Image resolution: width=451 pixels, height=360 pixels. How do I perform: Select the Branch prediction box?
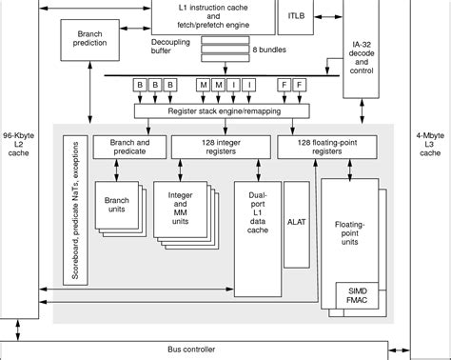pos(88,38)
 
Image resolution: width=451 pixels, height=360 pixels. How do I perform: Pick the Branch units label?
pos(116,204)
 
